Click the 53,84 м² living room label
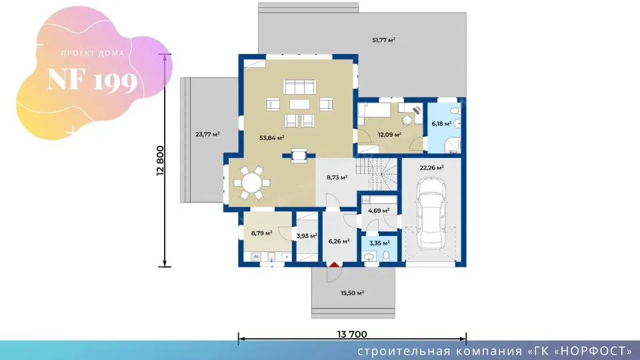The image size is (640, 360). coord(272,138)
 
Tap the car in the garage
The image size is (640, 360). coord(431,213)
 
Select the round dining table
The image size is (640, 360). coord(251,183)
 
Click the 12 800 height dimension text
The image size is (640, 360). coord(160,161)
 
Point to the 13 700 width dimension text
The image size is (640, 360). coord(352,334)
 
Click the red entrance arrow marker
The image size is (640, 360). coord(334,265)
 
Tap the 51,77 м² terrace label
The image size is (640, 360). coord(384,40)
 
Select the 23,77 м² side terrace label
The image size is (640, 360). coord(207,134)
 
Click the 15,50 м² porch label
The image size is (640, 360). coord(352,293)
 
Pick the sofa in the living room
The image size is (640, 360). coord(299,87)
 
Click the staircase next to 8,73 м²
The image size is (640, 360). coord(376,174)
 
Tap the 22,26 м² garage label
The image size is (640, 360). coord(432,167)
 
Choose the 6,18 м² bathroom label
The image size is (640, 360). coord(441,123)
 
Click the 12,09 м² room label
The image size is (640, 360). coord(389,134)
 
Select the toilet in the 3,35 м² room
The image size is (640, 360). coord(386,256)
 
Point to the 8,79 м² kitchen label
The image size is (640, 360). coord(261,233)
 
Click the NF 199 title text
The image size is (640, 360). coord(92,80)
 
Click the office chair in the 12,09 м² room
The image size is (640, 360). coord(407,120)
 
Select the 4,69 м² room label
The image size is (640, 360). coord(379,211)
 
